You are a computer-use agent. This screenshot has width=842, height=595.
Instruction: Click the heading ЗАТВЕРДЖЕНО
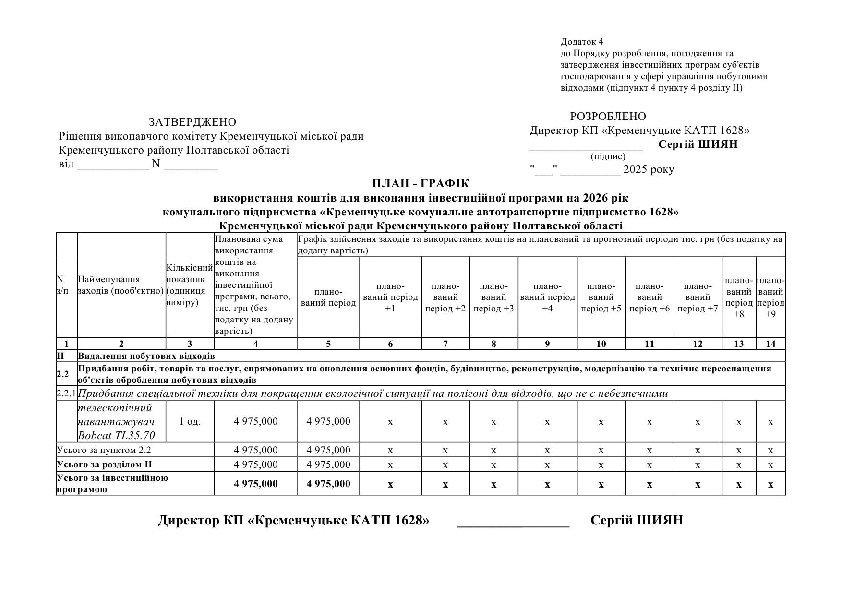192,122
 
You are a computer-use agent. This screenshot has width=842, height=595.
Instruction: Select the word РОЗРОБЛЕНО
608,117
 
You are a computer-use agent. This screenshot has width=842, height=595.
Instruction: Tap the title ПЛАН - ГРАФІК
421,184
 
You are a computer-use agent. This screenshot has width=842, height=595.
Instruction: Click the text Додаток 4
581,42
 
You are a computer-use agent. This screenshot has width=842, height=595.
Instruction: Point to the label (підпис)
608,156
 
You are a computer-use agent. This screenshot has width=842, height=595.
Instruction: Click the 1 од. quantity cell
190,422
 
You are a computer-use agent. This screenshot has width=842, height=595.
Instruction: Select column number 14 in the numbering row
770,344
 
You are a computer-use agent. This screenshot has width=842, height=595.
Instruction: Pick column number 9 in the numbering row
547,344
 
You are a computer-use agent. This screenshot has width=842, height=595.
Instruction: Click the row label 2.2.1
66,393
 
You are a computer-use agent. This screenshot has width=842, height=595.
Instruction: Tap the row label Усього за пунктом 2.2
104,450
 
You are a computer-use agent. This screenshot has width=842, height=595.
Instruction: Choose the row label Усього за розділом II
104,464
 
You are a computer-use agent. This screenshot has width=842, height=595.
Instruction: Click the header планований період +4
547,297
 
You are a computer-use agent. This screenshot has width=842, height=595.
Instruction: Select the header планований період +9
770,297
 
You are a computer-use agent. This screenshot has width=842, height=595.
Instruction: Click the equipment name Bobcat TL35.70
116,436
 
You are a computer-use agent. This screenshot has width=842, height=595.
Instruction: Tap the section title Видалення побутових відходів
146,356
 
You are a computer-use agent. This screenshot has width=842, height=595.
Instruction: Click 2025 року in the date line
649,169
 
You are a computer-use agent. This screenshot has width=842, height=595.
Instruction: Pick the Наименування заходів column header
120,285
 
